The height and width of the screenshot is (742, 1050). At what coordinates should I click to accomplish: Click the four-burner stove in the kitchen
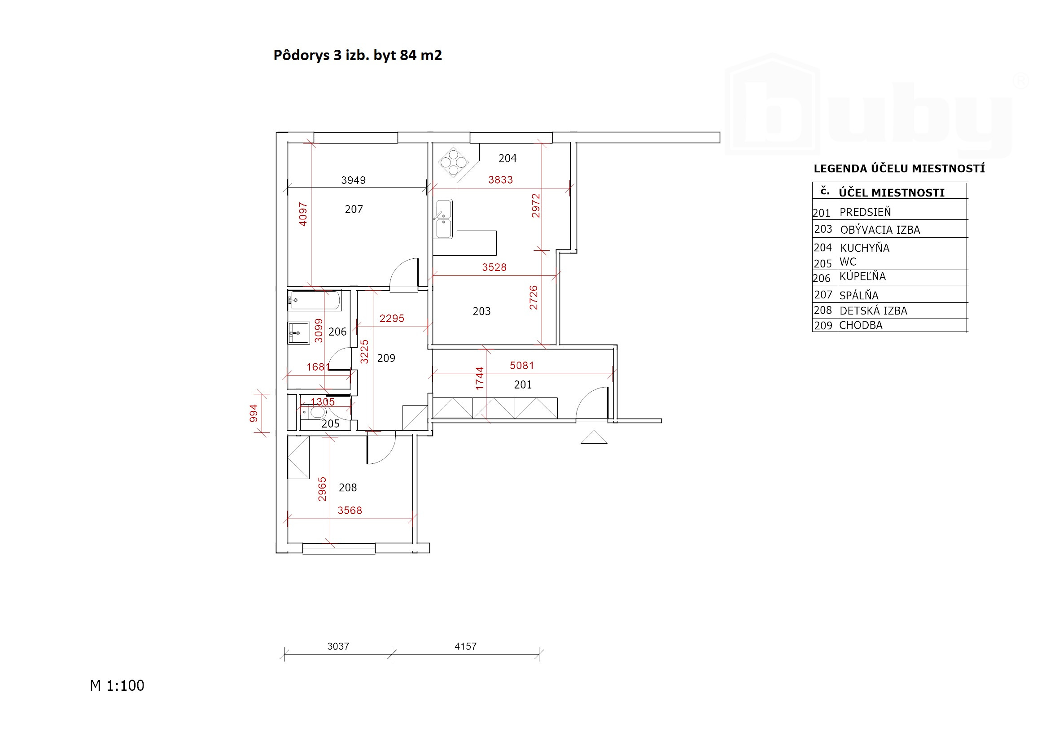click(x=453, y=162)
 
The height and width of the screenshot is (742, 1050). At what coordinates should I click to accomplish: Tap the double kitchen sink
click(x=443, y=219)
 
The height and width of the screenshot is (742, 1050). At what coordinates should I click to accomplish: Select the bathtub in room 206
click(x=315, y=301)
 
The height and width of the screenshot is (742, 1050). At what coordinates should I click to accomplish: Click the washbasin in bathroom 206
click(x=299, y=333)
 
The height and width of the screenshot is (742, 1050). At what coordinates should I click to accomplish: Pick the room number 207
click(x=354, y=210)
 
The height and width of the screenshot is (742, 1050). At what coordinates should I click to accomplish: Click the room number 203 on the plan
click(x=481, y=311)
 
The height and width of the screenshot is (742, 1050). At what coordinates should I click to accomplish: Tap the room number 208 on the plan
click(x=348, y=488)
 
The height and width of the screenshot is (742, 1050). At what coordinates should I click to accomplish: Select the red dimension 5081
click(x=522, y=365)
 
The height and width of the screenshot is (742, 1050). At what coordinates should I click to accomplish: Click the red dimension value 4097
click(x=303, y=214)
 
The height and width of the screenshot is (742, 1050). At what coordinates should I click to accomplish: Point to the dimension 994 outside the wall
click(x=254, y=413)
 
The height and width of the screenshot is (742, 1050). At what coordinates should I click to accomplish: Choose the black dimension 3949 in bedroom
click(x=354, y=180)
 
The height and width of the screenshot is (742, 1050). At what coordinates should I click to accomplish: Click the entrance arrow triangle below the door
click(x=594, y=437)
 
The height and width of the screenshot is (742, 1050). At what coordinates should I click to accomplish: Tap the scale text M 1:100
click(x=117, y=686)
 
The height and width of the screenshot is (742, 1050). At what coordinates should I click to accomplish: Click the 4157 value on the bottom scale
click(x=466, y=646)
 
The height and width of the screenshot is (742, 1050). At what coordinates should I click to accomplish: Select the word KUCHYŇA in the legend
click(x=865, y=248)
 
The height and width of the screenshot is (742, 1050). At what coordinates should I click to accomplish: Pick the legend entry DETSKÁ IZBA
click(x=874, y=311)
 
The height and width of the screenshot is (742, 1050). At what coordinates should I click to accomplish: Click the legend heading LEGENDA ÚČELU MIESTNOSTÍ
click(x=899, y=168)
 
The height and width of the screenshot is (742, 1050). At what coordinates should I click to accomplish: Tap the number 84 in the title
click(x=408, y=55)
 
